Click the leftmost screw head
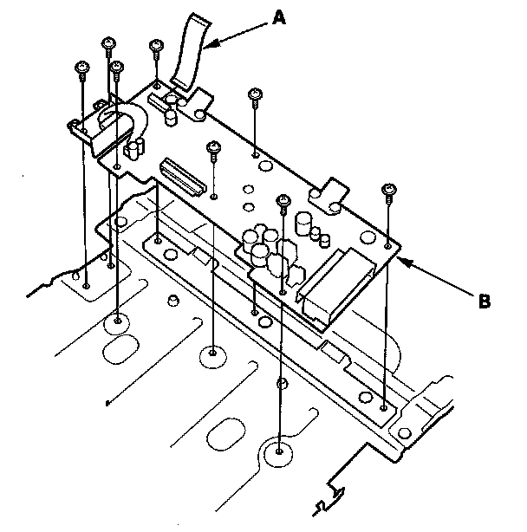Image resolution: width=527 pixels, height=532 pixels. coord(83,66)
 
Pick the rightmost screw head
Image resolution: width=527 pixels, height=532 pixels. coord(388,188)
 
